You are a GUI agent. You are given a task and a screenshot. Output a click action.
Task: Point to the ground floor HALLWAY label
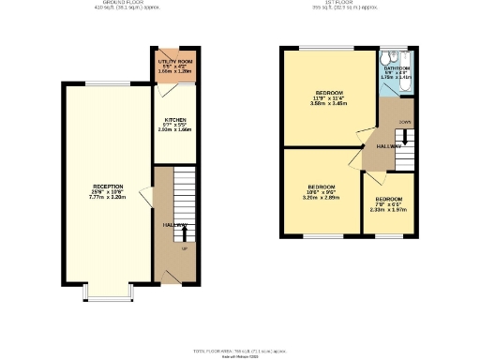click(175, 225)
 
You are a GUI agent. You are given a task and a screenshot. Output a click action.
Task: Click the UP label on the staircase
click(184, 248)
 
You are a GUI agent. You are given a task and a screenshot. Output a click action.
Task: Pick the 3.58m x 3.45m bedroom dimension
click(329, 103)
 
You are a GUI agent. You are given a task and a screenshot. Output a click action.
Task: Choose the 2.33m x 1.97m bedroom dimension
click(389, 210)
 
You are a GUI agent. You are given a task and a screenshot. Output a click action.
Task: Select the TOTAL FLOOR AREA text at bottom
click(239, 350)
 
